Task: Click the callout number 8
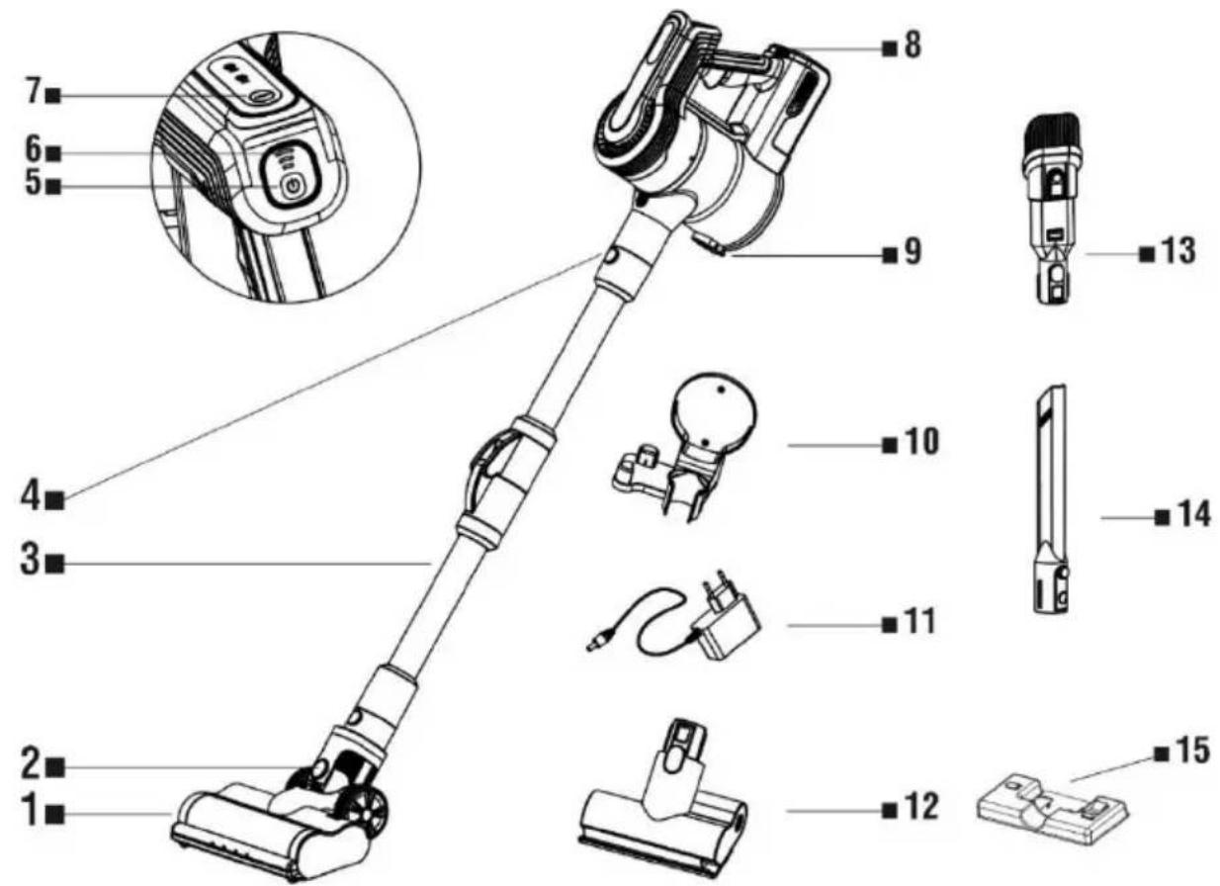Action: coord(913,44)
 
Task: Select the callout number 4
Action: coord(32,496)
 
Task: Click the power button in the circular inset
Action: coord(293,188)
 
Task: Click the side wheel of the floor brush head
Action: coord(370,812)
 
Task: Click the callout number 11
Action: coord(919,622)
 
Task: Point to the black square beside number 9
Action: coord(890,254)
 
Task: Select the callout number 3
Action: coord(32,561)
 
